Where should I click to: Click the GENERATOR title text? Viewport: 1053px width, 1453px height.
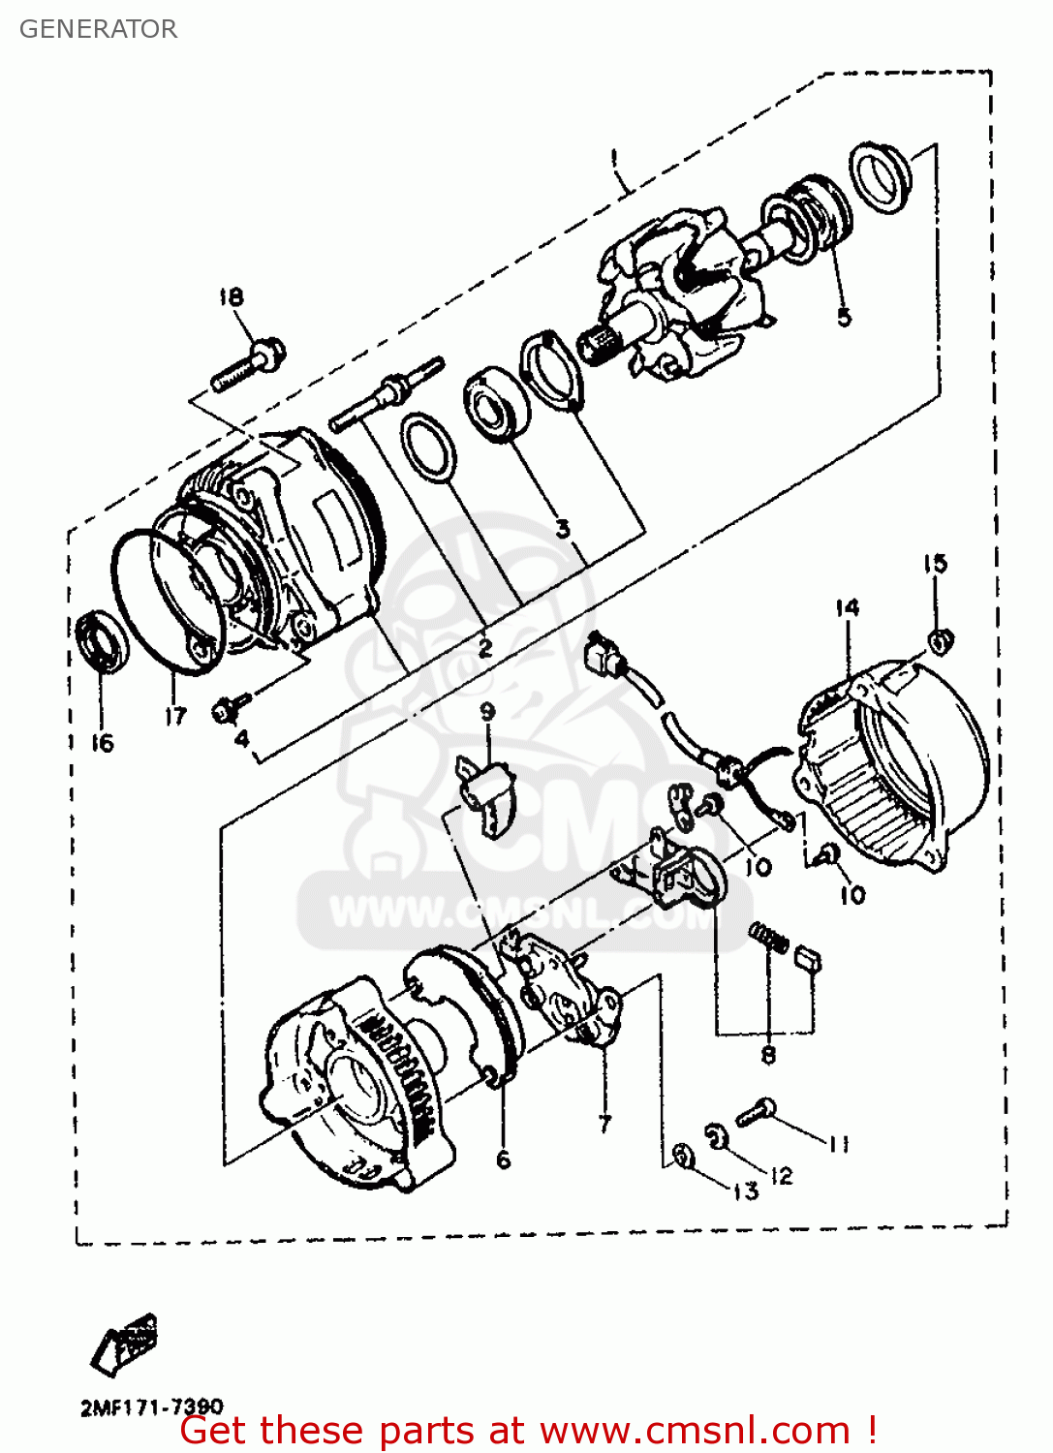98,29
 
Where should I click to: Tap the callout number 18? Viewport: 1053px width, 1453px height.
231,296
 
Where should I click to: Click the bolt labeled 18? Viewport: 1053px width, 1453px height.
249,364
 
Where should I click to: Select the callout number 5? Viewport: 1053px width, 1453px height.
844,317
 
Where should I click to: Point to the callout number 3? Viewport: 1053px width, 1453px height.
563,529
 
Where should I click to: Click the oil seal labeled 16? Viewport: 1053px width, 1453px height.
102,640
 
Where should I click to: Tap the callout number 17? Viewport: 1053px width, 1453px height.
174,717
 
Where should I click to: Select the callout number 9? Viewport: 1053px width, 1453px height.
487,712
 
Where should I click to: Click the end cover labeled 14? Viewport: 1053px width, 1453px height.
891,765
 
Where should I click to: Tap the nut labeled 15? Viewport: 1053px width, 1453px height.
940,640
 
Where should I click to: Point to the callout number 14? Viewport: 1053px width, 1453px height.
847,607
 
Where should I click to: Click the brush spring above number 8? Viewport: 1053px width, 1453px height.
770,937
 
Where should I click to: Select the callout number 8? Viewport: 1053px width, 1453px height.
768,1055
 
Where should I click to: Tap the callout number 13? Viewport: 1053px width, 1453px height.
745,1190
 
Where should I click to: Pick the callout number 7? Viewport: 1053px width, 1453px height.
605,1124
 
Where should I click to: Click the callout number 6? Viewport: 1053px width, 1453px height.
503,1159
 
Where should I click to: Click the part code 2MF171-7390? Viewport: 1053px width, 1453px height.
151,1407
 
